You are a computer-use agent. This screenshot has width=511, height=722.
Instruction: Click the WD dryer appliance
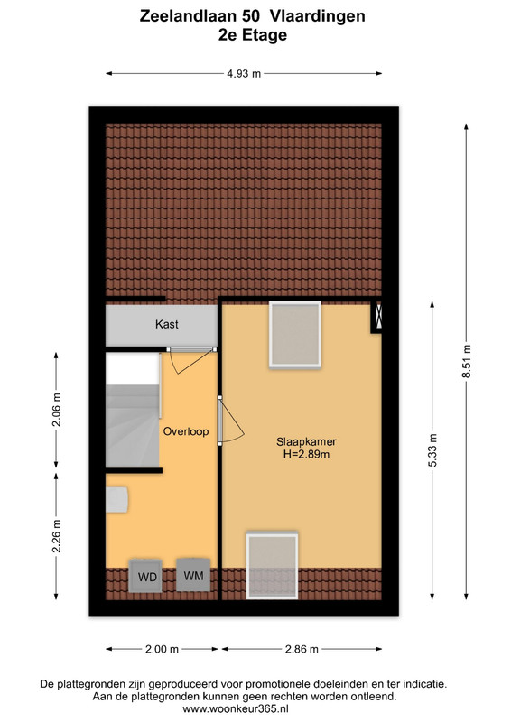point(145,576)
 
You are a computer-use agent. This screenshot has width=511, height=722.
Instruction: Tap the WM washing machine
point(193,575)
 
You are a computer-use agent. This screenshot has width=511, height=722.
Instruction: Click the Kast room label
point(167,324)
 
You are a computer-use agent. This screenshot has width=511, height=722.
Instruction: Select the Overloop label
point(186,431)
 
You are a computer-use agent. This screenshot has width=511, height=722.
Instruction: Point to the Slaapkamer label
point(306,441)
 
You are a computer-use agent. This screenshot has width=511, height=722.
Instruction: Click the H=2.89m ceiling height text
point(306,455)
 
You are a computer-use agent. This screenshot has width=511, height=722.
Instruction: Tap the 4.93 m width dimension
point(244,74)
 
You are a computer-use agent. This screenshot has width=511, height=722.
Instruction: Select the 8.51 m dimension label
point(467,362)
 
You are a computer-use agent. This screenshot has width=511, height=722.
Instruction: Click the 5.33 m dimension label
point(432,450)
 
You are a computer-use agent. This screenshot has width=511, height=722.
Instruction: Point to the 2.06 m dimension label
point(56,410)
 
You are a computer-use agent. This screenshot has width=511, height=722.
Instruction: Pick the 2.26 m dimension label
point(56,536)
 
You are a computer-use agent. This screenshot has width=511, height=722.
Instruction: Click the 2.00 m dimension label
point(162,649)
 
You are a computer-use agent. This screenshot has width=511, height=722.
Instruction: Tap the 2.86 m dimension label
point(302,649)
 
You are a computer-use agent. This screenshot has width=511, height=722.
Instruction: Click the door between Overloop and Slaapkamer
point(229,421)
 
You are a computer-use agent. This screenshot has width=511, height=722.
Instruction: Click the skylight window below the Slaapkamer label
point(273,565)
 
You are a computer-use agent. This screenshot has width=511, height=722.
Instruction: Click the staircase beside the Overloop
point(133,411)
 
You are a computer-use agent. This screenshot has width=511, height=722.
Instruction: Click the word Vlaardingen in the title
point(318,16)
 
